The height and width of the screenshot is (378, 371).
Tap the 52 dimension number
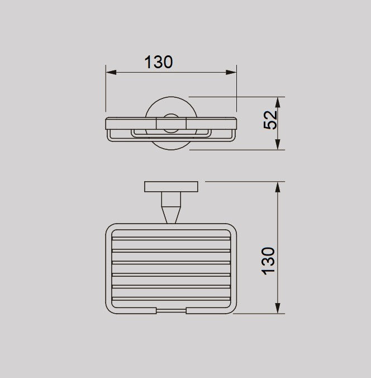270,120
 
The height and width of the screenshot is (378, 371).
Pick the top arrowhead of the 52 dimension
277,101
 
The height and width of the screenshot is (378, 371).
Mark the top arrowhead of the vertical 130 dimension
278,186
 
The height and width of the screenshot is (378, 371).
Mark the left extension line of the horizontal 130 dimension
106,89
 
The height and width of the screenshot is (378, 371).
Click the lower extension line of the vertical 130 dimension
257,314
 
